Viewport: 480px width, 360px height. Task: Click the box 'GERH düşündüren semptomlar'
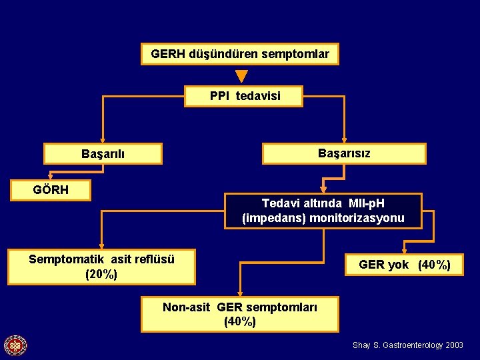click(x=240, y=54)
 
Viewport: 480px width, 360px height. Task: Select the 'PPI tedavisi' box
click(x=244, y=96)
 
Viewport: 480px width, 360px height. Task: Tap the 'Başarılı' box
click(x=103, y=154)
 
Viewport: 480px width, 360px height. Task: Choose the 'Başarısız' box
click(x=344, y=153)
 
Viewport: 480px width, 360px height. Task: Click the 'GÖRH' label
click(x=51, y=190)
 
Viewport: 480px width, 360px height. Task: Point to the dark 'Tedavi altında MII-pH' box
click(x=323, y=211)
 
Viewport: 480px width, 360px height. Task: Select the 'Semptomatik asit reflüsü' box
click(x=101, y=267)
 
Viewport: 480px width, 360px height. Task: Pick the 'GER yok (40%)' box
click(x=404, y=265)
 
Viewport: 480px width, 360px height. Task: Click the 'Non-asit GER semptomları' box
click(x=240, y=314)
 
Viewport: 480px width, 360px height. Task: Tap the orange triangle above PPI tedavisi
click(x=241, y=77)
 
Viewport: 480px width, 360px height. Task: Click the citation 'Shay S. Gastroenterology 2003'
click(x=407, y=345)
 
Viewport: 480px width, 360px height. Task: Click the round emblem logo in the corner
click(x=15, y=345)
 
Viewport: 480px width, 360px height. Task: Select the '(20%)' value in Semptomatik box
click(x=101, y=274)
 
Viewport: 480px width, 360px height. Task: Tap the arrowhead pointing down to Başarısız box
click(x=344, y=139)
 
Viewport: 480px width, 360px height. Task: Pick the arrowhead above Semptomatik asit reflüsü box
click(x=101, y=245)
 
